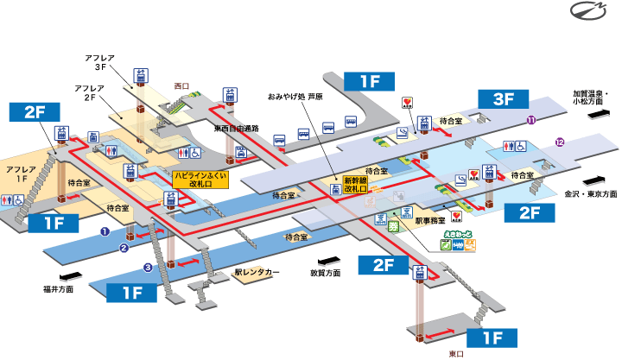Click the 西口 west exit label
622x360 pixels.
[181, 86]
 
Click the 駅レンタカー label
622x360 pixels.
[257, 272]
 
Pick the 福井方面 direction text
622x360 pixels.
[58, 289]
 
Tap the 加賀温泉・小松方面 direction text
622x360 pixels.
[591, 97]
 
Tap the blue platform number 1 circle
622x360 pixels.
[103, 231]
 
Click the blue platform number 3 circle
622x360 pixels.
[148, 268]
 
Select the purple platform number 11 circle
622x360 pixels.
[532, 120]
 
